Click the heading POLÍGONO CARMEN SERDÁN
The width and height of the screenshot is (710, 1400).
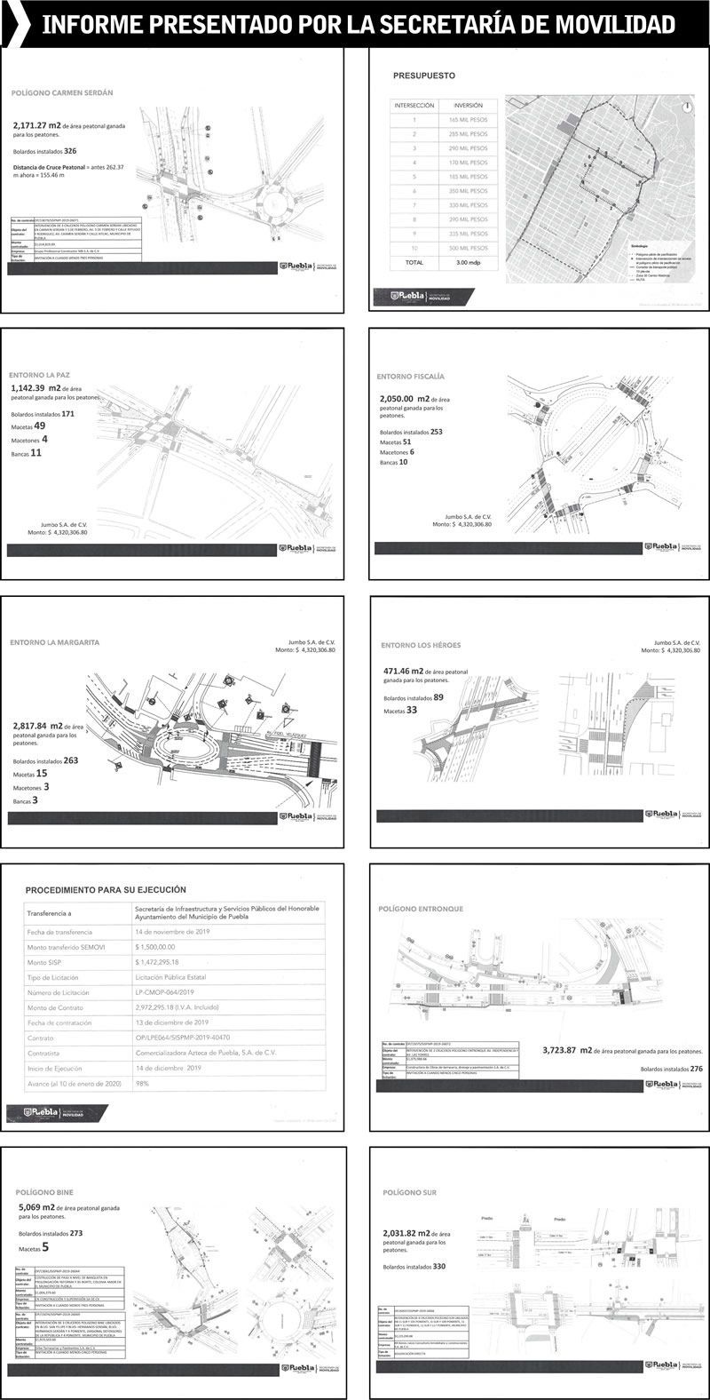tap(62, 92)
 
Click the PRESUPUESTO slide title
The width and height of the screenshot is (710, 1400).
tap(424, 76)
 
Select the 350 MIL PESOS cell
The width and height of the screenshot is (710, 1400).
tap(468, 191)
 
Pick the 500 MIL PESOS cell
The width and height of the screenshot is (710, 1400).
tap(468, 248)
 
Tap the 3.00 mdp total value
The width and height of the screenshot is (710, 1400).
tap(468, 263)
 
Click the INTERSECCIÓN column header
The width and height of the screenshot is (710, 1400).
tap(414, 105)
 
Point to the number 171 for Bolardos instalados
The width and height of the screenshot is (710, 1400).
tap(67, 414)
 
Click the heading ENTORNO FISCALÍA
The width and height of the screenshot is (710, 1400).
tap(413, 376)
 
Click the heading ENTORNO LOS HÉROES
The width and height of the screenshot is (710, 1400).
tap(421, 645)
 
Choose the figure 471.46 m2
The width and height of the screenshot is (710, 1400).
tap(401, 672)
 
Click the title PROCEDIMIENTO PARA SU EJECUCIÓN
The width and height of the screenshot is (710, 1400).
tap(106, 888)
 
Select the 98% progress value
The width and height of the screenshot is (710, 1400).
tap(142, 1085)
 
